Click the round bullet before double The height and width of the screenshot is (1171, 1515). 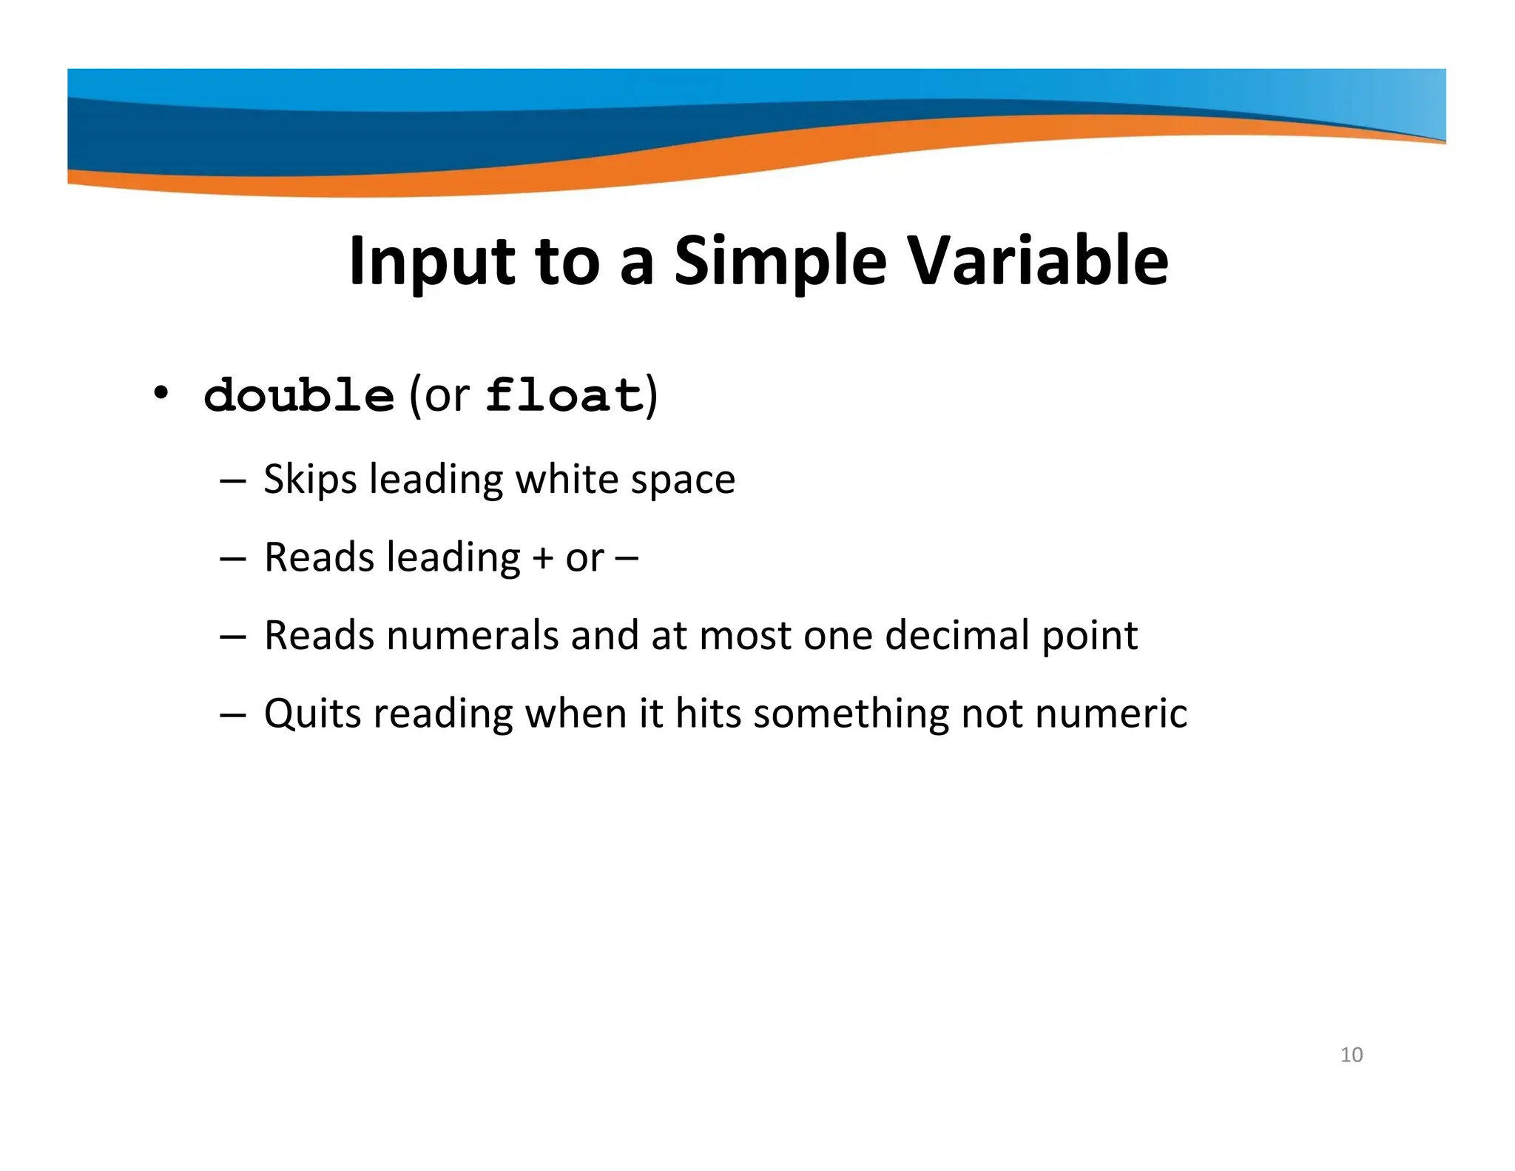tap(161, 392)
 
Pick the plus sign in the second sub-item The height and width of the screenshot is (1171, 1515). tap(542, 558)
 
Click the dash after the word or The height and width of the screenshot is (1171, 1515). tap(626, 558)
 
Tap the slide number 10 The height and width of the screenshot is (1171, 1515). tap(1351, 1055)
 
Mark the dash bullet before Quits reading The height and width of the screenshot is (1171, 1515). tap(232, 714)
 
